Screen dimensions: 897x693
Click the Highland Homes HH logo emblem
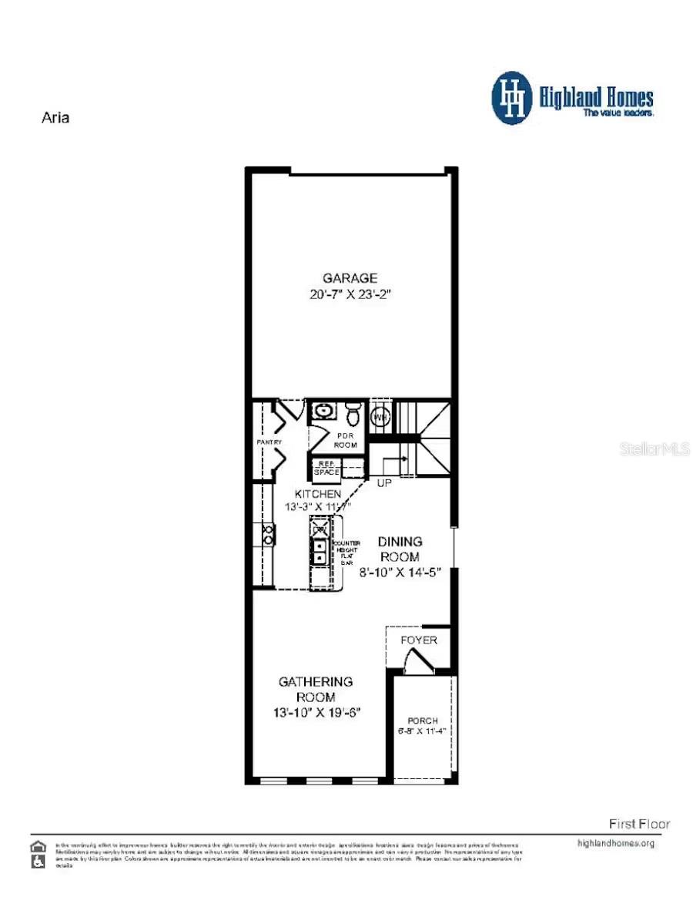512,98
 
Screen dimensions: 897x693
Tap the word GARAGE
350,277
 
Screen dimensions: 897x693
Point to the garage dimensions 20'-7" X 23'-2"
350,294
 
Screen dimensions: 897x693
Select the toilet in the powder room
353,413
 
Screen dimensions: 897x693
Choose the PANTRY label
269,442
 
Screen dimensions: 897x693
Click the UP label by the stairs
383,483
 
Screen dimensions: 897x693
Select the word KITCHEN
317,493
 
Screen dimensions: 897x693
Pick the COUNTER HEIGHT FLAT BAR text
343,553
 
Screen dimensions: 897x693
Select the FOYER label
419,640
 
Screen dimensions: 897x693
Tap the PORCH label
423,721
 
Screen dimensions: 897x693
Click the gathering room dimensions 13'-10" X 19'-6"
316,713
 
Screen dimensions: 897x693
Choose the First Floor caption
639,824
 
